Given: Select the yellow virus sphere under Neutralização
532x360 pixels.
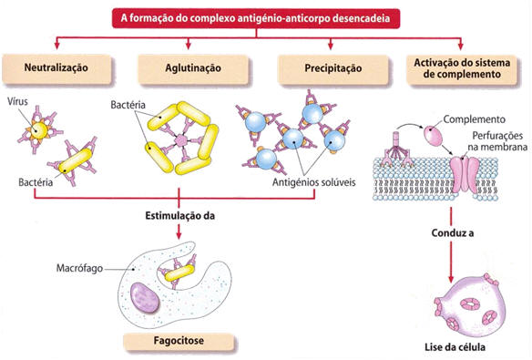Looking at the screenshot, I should pyautogui.click(x=38, y=132).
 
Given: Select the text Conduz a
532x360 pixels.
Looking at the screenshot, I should pyautogui.click(x=453, y=233).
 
